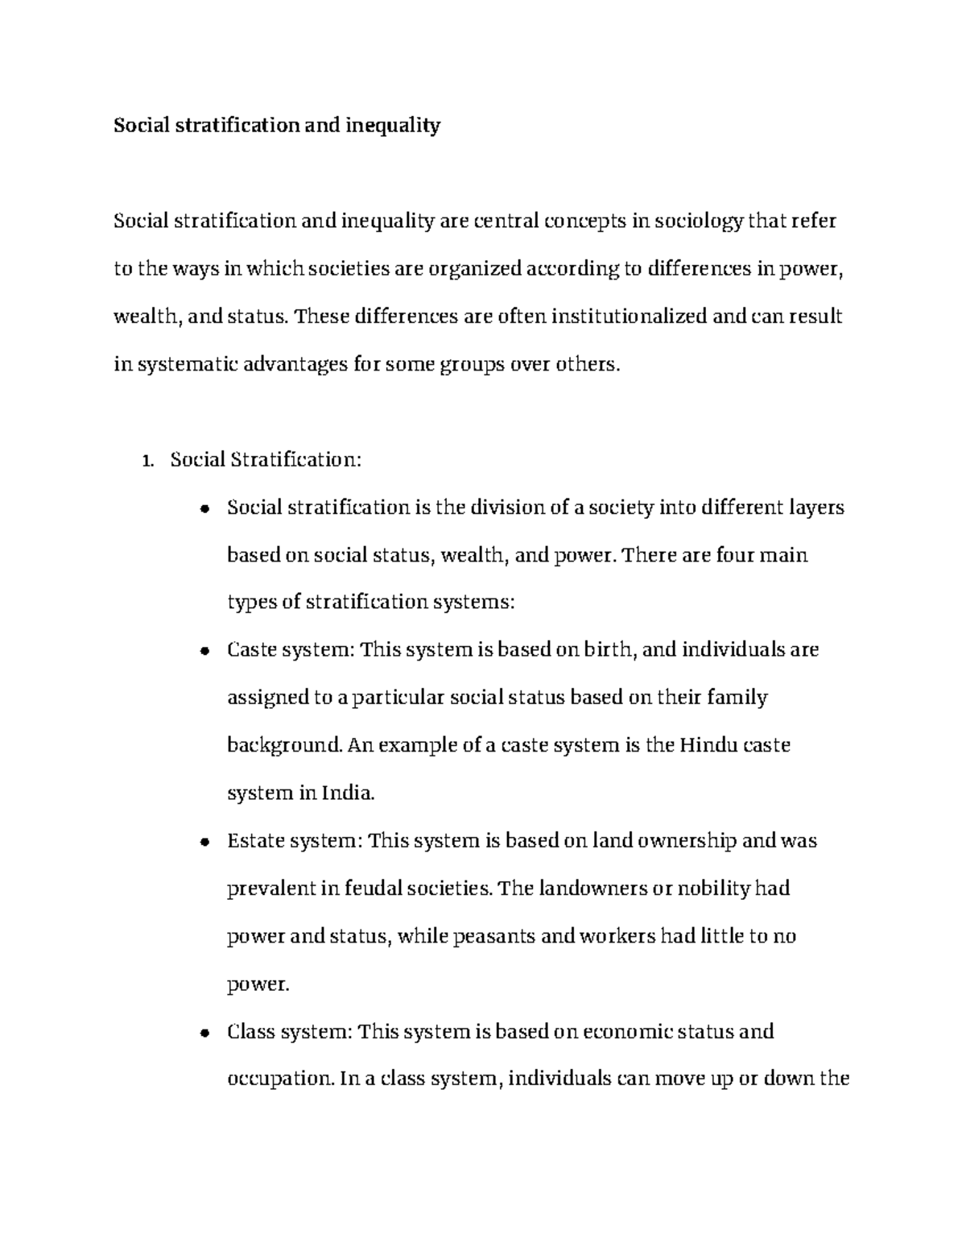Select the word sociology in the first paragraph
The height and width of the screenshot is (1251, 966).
[x=699, y=222]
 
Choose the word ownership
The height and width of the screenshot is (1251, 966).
[x=687, y=841]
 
